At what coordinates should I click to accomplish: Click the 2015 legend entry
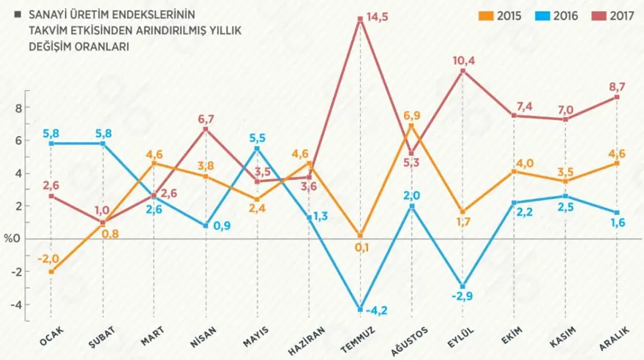pos(501,15)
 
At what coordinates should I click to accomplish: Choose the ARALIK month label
pos(616,337)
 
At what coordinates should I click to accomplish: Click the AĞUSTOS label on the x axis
pos(411,338)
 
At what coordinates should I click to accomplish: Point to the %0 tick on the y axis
pos(12,239)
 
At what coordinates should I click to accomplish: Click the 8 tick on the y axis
pos(18,108)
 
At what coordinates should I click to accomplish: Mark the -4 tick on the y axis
pos(16,305)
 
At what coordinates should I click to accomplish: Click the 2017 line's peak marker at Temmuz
pos(360,20)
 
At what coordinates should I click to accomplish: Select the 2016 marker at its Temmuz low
pos(360,310)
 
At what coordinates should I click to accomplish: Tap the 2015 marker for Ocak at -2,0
pos(51,272)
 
